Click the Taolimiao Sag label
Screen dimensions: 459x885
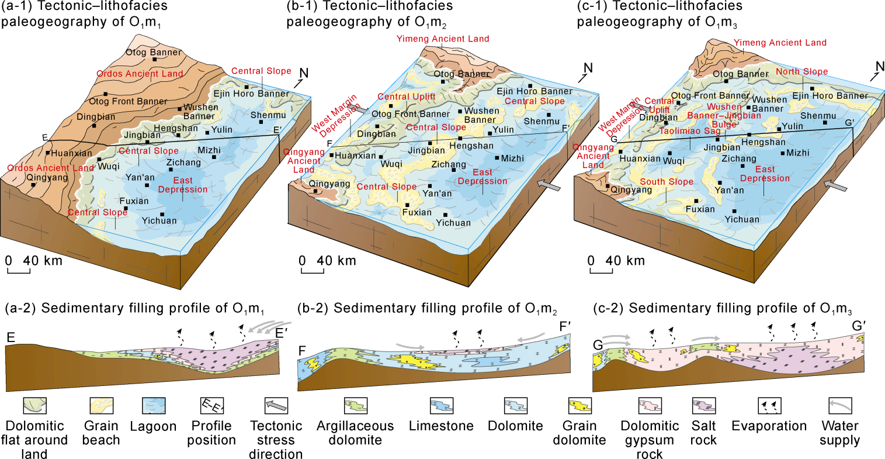[690, 132]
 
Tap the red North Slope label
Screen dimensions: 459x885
[801, 72]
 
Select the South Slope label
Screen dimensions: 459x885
[667, 182]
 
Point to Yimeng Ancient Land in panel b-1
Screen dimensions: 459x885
[443, 39]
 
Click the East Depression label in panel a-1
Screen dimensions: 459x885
[183, 185]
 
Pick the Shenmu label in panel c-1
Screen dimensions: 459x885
[818, 116]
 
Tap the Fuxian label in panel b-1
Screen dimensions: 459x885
[417, 212]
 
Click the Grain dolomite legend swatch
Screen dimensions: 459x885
[579, 405]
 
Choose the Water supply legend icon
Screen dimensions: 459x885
[840, 405]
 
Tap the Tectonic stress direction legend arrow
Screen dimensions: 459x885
[276, 405]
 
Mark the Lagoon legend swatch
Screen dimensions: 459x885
[153, 405]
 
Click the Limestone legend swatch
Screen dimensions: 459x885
[442, 405]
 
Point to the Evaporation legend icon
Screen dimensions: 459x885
[769, 405]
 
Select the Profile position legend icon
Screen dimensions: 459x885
[211, 405]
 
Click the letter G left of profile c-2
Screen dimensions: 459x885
[598, 346]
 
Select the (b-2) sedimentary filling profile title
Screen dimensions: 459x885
[426, 309]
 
